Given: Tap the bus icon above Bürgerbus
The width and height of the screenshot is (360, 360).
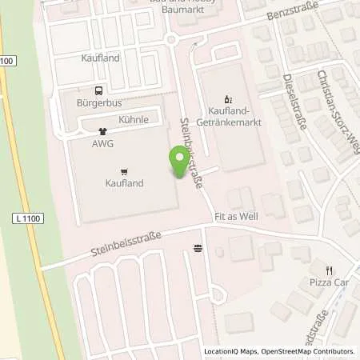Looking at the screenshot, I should coord(98,91).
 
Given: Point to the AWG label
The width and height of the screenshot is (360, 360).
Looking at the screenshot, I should coord(103,144).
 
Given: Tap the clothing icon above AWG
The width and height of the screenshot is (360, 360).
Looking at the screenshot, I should coord(102,132).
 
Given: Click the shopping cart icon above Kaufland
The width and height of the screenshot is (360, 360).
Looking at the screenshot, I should coord(124,171).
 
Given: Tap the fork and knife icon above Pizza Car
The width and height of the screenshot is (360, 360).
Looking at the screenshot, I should coord(329,270).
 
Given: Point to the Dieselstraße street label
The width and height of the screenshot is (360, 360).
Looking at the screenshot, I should coord(296,103).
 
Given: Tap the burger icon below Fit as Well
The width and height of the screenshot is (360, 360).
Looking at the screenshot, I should coord(198,249).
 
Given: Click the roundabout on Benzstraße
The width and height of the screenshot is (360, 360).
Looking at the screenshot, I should coord(170,39).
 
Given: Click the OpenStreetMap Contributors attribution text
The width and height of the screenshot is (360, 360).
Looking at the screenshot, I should coord(308,351).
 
